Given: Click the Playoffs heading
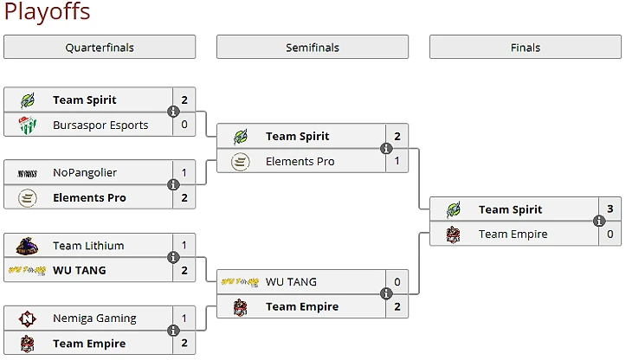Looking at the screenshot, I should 47,12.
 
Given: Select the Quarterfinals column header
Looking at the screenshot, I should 100,48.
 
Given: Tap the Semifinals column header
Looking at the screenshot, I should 313,48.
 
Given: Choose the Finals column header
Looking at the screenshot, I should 526,48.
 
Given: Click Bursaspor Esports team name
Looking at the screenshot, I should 100,125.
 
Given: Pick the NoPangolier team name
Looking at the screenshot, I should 85,173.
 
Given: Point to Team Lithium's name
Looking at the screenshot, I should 88,246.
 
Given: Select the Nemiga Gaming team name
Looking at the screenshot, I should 94,318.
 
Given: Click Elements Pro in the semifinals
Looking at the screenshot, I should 300,162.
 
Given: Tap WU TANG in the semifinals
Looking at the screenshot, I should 291,282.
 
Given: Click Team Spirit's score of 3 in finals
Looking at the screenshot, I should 610,209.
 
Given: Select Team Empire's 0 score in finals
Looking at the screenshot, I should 610,235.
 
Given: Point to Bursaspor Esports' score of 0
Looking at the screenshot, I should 184,125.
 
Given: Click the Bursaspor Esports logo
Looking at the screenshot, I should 27,125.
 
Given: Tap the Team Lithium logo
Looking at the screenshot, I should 27,246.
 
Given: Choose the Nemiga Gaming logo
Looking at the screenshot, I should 27,318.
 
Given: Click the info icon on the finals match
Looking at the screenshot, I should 599,222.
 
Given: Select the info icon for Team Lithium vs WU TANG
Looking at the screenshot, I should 173,258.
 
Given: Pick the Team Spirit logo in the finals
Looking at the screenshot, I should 453,209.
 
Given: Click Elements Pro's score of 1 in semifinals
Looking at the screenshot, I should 397,162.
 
